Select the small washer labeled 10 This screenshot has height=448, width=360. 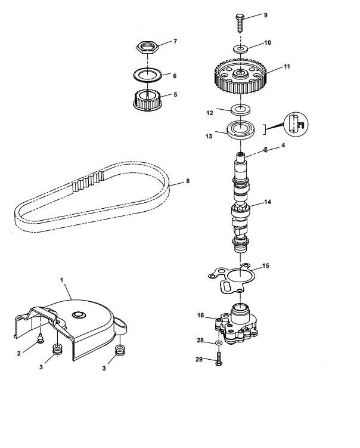click(x=240, y=47)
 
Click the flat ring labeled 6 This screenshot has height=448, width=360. click(x=147, y=75)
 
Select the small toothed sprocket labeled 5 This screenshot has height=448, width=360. click(x=147, y=99)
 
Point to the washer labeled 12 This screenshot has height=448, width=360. click(x=240, y=109)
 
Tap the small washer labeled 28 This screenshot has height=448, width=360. click(x=219, y=344)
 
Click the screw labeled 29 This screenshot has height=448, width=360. click(x=218, y=360)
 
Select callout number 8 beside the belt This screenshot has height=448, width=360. click(x=188, y=181)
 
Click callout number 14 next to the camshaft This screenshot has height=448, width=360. click(x=267, y=202)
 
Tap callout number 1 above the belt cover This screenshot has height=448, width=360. click(x=61, y=279)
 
